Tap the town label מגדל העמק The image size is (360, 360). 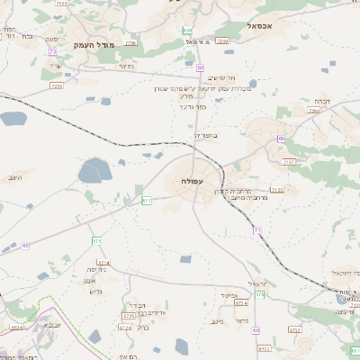coord(94,43)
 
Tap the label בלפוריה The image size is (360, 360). coord(206,136)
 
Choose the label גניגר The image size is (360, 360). coord(126,66)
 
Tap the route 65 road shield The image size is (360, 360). coord(25,245)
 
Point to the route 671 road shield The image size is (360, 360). coord(146,200)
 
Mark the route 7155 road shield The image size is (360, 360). coord(276,190)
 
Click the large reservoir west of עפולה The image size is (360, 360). coord(94,171)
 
